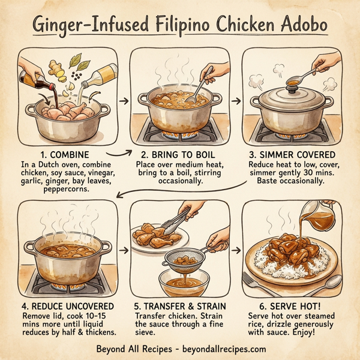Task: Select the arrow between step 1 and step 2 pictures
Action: (124, 101)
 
